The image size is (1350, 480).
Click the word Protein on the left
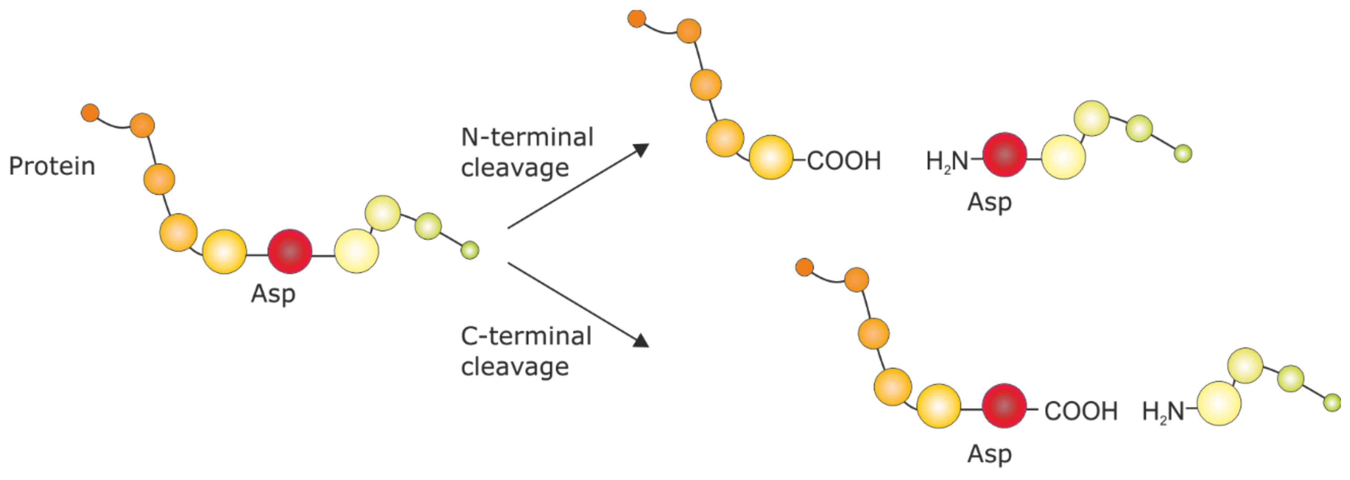[x=52, y=166]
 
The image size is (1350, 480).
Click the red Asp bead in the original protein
[x=290, y=251]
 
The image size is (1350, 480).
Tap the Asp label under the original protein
[x=273, y=294]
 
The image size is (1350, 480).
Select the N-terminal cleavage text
[x=527, y=152]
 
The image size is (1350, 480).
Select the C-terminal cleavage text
[x=526, y=351]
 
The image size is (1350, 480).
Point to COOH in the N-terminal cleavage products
[x=844, y=161]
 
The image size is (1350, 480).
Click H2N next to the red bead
[x=947, y=161]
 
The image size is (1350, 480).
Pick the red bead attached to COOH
[x=1004, y=406]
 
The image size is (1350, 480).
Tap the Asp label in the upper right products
[x=989, y=202]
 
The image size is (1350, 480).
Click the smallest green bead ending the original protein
[x=470, y=250]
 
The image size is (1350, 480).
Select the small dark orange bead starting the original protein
[x=90, y=112]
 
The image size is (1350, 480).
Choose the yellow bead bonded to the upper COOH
[x=770, y=157]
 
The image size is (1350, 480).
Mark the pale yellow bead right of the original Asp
[x=356, y=251]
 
